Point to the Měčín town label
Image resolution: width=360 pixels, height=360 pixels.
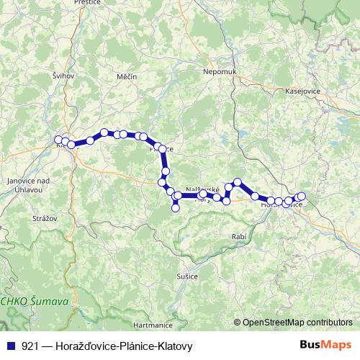pos(126,76)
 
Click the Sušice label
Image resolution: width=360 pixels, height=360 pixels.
pos(187,275)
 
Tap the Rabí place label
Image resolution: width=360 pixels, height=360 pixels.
pos(240,236)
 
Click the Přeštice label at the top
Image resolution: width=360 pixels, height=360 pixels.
pos(87,4)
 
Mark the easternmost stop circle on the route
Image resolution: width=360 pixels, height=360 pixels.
pos(302,197)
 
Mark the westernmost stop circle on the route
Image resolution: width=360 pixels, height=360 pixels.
pos(58,140)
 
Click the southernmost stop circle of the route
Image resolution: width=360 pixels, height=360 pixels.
pos(175,208)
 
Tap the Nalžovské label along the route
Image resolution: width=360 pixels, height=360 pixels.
pos(202,189)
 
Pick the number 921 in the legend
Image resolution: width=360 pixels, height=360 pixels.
pos(30,346)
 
